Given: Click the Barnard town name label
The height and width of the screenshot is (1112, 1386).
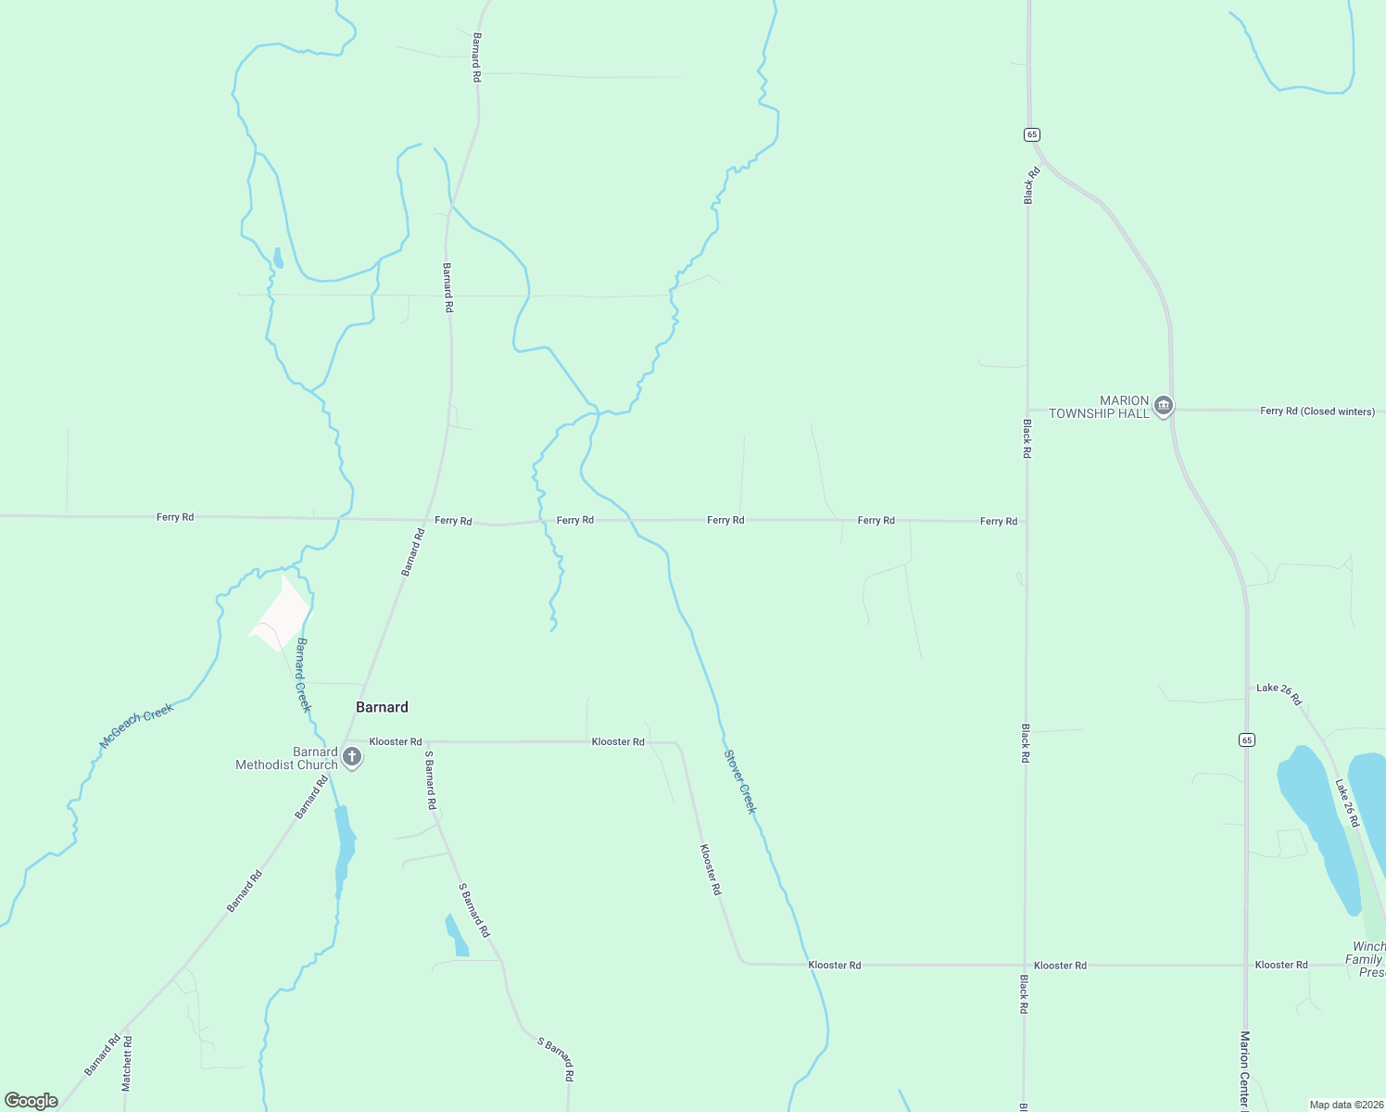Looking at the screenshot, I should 382,707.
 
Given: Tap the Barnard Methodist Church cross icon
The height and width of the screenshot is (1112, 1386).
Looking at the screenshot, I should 352,757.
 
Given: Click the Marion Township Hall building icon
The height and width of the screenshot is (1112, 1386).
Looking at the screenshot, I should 1164,405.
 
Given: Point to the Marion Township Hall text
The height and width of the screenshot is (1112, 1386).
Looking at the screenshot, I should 1099,407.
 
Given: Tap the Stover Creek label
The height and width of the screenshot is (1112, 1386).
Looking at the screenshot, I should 740,782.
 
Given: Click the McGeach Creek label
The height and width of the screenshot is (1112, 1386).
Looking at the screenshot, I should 136,726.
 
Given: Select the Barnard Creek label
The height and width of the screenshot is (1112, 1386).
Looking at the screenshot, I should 304,675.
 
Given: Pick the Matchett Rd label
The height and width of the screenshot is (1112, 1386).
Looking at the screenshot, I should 128,1063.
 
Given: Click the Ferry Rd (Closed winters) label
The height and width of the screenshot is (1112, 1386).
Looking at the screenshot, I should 1317,411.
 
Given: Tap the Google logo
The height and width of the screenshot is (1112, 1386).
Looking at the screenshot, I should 31,1100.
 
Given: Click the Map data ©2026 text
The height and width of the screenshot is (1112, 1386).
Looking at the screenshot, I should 1345,1105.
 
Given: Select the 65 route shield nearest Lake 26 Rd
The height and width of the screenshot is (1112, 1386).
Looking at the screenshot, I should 1247,739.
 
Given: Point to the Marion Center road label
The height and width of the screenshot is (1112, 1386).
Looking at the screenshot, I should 1245,1070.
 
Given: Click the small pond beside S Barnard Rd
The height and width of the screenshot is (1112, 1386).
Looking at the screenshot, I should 456,936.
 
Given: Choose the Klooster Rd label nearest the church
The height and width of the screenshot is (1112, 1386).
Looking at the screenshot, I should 396,741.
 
